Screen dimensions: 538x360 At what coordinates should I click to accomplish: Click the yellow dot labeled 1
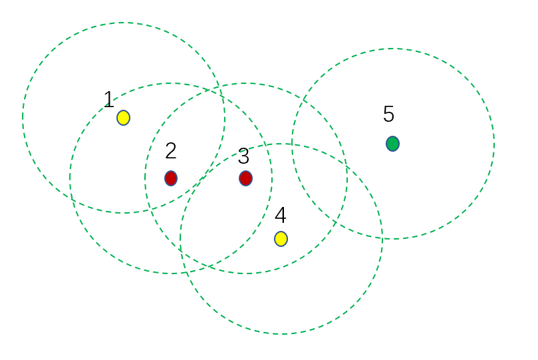point(123,118)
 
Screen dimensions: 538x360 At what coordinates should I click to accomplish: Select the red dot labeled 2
point(171,178)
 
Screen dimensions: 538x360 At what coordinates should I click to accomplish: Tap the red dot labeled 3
point(245,178)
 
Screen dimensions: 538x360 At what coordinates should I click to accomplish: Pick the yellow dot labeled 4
point(281,239)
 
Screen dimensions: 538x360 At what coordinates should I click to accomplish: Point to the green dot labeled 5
point(392,144)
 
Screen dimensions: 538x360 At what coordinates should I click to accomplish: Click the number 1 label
point(108,100)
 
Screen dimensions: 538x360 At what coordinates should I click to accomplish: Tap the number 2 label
point(171,151)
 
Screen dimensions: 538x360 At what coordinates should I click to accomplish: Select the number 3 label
point(243,156)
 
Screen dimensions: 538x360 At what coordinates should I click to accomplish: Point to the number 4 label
point(280,216)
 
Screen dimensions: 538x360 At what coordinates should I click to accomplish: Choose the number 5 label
point(388,114)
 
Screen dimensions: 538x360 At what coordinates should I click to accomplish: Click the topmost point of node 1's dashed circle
point(124,23)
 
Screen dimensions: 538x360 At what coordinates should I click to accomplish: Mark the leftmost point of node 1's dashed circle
point(23,118)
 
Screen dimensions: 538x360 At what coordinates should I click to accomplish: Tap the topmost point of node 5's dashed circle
point(392,49)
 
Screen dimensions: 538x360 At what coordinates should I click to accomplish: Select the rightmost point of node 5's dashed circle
point(494,144)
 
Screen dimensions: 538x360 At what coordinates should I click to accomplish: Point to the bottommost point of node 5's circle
point(392,239)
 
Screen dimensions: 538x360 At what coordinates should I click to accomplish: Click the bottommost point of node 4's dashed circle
point(281,334)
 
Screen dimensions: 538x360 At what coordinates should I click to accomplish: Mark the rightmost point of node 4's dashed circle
point(382,239)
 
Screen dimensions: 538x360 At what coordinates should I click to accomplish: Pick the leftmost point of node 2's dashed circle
point(70,178)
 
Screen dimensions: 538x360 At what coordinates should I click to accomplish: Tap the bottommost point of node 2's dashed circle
point(171,273)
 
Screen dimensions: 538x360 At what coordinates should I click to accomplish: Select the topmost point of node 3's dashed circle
point(246,83)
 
